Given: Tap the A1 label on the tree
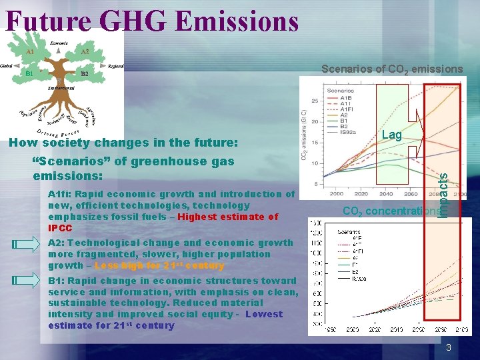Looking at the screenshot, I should point(31,51).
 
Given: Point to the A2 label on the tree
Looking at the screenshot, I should point(85,51).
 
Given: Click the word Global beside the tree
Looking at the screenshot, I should point(9,65).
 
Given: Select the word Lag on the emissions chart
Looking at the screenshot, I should point(391,135).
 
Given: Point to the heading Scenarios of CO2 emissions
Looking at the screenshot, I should point(391,69).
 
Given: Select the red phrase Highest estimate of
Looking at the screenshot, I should point(228,217).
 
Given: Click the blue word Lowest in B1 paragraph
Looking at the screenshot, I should point(264,314).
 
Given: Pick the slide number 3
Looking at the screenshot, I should point(449,347).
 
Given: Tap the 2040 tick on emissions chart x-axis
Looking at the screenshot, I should point(386,193).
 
